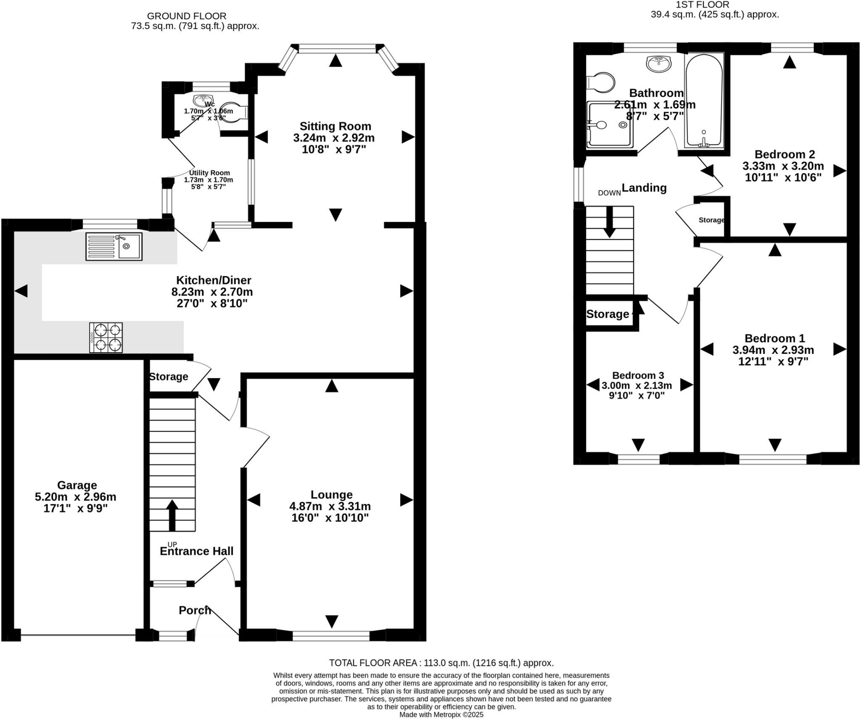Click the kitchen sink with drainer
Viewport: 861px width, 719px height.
click(114, 246)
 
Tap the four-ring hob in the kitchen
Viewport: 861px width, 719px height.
click(106, 337)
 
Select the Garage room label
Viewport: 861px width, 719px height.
click(77, 485)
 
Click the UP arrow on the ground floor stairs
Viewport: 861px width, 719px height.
click(172, 515)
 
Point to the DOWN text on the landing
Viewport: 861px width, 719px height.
click(610, 193)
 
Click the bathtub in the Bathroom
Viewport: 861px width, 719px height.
click(704, 101)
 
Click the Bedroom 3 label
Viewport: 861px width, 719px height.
click(638, 375)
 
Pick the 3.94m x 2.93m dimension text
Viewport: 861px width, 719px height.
click(773, 350)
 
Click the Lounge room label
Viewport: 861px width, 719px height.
click(332, 495)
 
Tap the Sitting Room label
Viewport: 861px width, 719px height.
click(335, 126)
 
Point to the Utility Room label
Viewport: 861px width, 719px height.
click(209, 173)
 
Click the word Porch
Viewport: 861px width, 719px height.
click(195, 610)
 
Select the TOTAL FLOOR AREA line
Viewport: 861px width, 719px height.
click(441, 663)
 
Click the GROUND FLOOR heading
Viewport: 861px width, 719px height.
click(187, 16)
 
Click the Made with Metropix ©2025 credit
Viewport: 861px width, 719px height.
click(441, 714)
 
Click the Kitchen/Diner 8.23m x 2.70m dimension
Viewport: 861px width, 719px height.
click(212, 292)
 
